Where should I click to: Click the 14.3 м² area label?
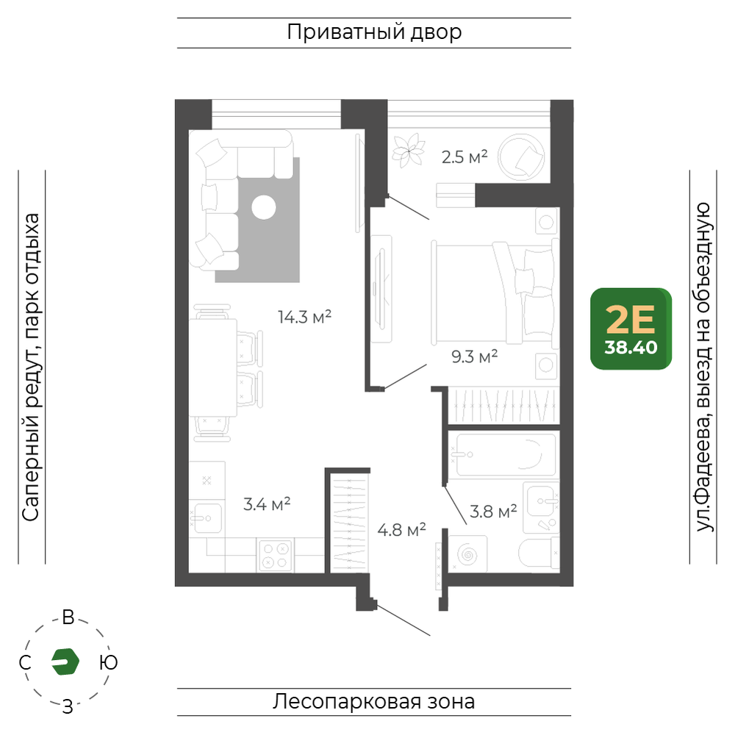point(305,318)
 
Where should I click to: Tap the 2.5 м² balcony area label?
point(465,157)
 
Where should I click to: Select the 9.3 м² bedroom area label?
point(474,356)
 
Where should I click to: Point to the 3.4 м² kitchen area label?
point(267,504)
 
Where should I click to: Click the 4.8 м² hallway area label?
point(402,530)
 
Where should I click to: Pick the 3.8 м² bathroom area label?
point(493,512)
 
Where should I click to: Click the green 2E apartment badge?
point(631,329)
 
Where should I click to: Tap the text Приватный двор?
point(374,32)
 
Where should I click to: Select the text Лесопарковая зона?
point(373,702)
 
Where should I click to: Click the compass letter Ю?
point(109,662)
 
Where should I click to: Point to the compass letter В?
point(68,618)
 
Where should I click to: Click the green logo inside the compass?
point(65,662)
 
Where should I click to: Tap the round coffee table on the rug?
point(264,207)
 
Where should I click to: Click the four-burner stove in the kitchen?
point(275,556)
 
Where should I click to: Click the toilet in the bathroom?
point(539,553)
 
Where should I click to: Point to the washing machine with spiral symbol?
point(467,554)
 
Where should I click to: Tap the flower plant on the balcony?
point(409,151)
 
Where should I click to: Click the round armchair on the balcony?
point(521,157)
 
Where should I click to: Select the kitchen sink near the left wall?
point(207,517)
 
